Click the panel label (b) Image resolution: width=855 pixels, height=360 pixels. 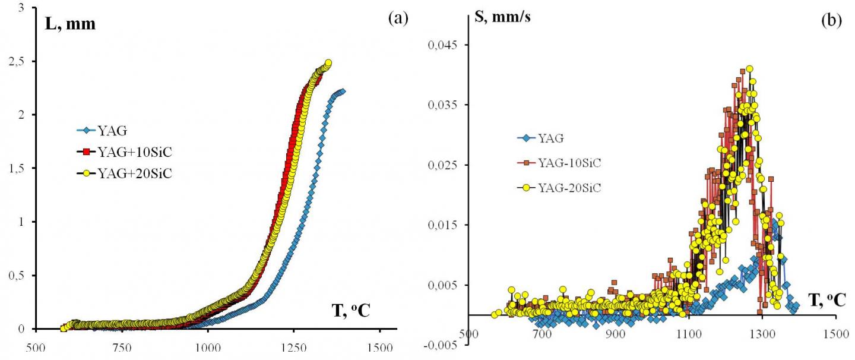click(831, 20)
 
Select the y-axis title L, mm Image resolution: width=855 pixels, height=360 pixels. click(69, 24)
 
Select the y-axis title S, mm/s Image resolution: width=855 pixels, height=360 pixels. click(504, 17)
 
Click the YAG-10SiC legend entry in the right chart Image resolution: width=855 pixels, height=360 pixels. click(572, 163)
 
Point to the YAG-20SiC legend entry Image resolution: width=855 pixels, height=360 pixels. click(572, 188)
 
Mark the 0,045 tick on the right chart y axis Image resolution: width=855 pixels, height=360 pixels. click(439, 45)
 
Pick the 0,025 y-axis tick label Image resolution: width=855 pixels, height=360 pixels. click(439, 165)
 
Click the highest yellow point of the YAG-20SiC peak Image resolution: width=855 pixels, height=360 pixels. click(749, 69)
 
